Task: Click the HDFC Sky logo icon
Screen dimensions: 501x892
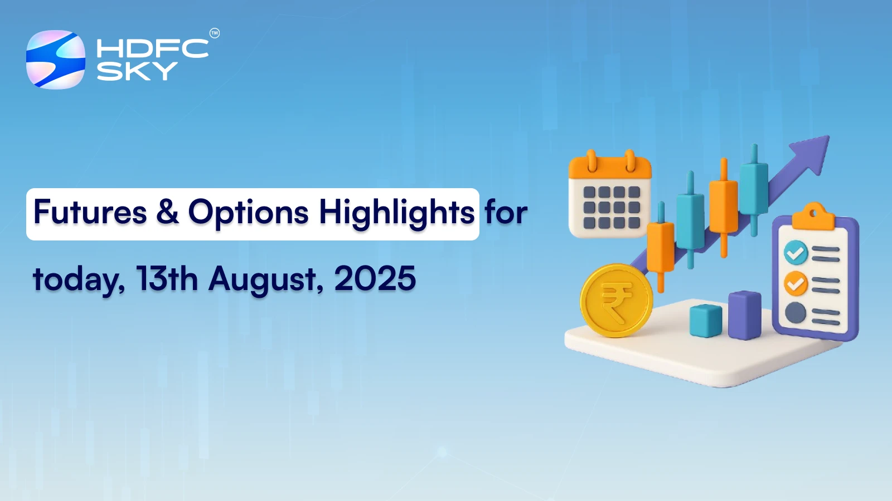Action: (x=56, y=60)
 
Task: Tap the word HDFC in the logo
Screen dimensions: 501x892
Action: (x=152, y=48)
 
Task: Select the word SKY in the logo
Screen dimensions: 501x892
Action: (x=137, y=71)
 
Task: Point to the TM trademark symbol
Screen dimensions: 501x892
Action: (x=215, y=33)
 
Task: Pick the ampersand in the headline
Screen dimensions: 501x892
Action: (x=168, y=213)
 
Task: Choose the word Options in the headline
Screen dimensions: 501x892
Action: (x=248, y=213)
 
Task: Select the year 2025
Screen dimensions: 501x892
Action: (x=375, y=279)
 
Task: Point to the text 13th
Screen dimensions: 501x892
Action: (x=167, y=279)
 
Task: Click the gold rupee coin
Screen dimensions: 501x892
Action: (x=616, y=301)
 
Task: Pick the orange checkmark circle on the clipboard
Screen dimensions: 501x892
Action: (x=796, y=283)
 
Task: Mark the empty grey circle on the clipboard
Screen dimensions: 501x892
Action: (x=796, y=313)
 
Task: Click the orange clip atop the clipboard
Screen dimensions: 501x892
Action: (x=813, y=217)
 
